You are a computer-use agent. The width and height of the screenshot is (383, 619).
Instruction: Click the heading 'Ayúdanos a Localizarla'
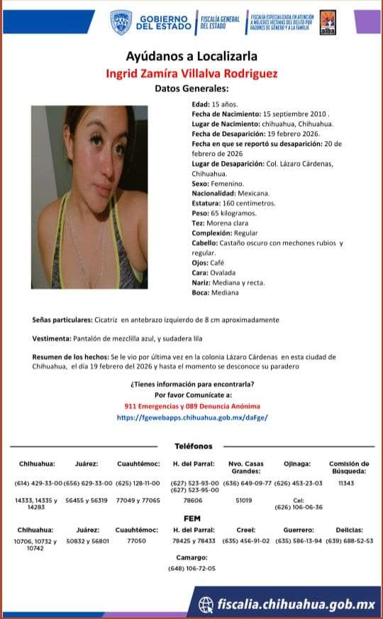click(x=191, y=56)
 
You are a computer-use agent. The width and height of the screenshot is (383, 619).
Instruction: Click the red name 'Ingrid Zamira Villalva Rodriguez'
click(x=191, y=73)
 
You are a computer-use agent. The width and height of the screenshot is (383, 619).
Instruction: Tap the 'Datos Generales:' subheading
click(x=191, y=89)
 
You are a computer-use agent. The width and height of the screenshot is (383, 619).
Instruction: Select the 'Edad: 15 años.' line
click(x=209, y=104)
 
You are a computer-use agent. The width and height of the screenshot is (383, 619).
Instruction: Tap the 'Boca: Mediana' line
click(x=215, y=292)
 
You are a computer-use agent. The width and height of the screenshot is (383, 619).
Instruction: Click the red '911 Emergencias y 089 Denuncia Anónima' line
click(x=192, y=406)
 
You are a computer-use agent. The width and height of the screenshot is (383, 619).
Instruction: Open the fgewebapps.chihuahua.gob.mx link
click(x=192, y=418)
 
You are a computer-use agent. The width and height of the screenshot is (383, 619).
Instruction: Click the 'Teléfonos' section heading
click(x=193, y=446)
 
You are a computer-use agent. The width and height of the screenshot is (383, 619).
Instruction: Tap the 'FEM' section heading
click(x=192, y=519)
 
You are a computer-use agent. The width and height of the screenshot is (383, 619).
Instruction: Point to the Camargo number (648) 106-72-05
click(x=192, y=569)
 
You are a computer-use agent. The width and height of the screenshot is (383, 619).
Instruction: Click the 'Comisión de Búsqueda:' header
click(x=349, y=467)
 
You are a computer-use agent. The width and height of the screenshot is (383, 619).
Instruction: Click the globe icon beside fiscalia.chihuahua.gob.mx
click(x=206, y=604)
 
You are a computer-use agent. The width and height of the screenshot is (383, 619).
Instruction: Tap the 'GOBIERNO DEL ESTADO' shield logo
click(x=121, y=22)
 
